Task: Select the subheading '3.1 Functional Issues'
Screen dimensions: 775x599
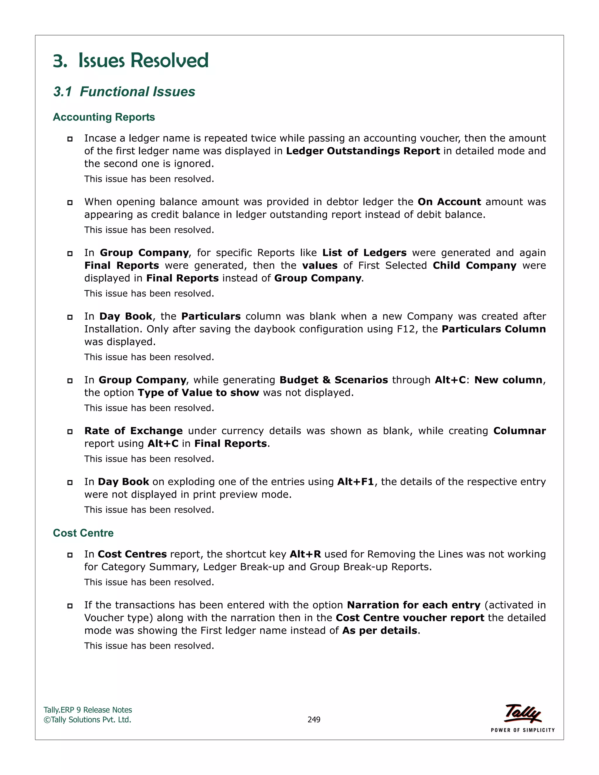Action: pyautogui.click(x=124, y=92)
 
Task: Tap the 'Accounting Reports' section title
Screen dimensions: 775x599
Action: pyautogui.click(x=104, y=117)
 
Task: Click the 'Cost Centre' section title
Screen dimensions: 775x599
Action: pyautogui.click(x=83, y=533)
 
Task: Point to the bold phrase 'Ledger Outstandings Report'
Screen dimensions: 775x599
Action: pyautogui.click(x=363, y=151)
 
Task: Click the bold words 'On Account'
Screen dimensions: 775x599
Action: pyautogui.click(x=449, y=201)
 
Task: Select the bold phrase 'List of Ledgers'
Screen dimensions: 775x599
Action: pyautogui.click(x=364, y=253)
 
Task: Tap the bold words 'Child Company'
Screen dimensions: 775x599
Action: pyautogui.click(x=474, y=266)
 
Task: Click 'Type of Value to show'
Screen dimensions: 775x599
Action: pyautogui.click(x=198, y=392)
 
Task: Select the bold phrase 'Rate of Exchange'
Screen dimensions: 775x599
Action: pyautogui.click(x=133, y=431)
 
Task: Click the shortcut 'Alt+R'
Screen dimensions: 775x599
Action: pyautogui.click(x=305, y=554)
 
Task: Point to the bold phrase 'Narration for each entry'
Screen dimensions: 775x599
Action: pyautogui.click(x=413, y=605)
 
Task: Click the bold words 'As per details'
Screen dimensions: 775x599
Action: pyautogui.click(x=379, y=631)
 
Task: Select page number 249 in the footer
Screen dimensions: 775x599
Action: pyautogui.click(x=314, y=720)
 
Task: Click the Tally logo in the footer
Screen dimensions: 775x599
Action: pyautogui.click(x=522, y=714)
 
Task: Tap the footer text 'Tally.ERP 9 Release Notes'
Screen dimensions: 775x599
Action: pyautogui.click(x=88, y=710)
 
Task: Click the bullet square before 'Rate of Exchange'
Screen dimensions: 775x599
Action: pyautogui.click(x=70, y=431)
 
